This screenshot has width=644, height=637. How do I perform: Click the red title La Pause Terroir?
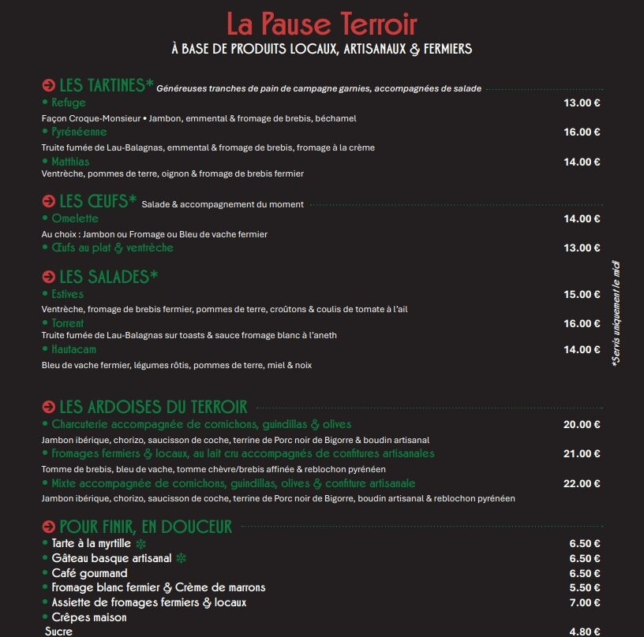321,24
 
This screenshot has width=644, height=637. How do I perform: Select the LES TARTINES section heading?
106,85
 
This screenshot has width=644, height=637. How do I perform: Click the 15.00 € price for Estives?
582,295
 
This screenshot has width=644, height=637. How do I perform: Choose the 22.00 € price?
582,483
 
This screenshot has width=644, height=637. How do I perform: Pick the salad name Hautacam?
79,349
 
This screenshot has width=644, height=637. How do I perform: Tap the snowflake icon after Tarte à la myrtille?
141,544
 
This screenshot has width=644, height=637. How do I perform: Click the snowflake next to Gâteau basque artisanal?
181,559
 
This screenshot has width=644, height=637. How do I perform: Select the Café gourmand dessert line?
89,573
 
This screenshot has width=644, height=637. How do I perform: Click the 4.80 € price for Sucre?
585,631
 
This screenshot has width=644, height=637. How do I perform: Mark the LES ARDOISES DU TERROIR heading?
153,407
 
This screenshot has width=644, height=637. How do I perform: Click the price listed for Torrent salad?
582,323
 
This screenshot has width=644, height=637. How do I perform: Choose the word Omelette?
75,218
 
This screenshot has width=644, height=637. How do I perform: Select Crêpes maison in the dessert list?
88,617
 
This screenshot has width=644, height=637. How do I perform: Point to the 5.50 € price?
585,587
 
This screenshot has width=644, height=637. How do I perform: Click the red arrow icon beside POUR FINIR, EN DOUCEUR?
48,527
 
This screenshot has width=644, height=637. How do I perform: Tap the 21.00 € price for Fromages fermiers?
582,453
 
